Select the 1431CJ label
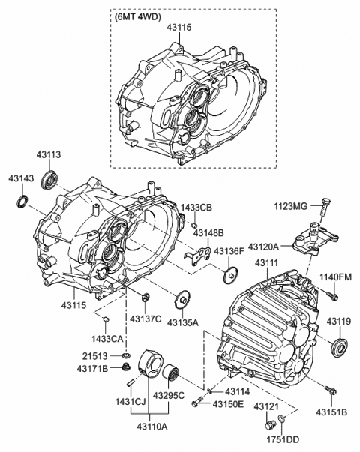129,403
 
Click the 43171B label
94,368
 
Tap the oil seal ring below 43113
52,180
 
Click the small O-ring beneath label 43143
24,200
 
